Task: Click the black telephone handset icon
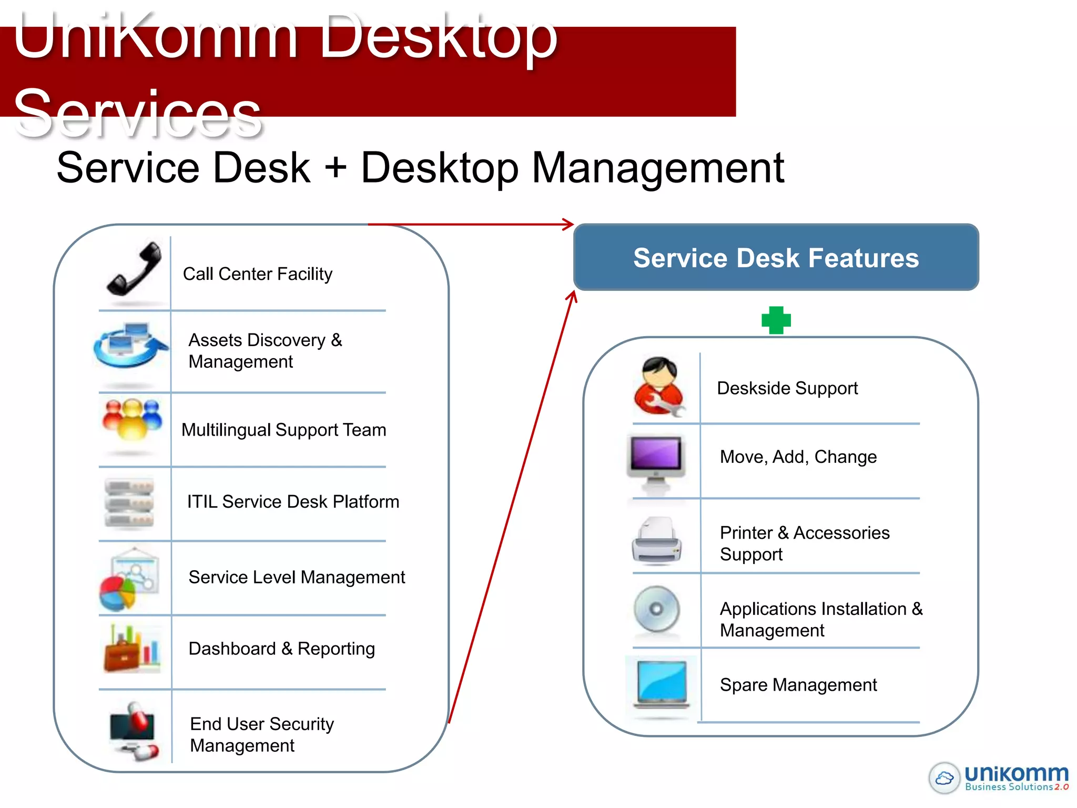[x=135, y=269]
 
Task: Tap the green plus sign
[x=776, y=320]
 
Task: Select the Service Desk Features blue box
[x=776, y=258]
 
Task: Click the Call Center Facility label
[x=257, y=274]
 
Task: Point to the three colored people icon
[x=133, y=419]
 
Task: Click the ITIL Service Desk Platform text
[x=293, y=502]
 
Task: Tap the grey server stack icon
[x=129, y=503]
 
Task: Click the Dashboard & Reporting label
[x=281, y=649]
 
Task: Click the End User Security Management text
[x=261, y=734]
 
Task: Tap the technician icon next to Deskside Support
[x=659, y=387]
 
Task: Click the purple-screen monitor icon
[x=656, y=461]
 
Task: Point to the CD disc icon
[x=656, y=610]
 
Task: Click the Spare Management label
[x=798, y=685]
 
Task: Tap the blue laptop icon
[x=662, y=684]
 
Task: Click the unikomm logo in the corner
[x=999, y=777]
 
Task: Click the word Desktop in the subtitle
[x=440, y=168]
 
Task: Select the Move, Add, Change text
[x=798, y=457]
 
